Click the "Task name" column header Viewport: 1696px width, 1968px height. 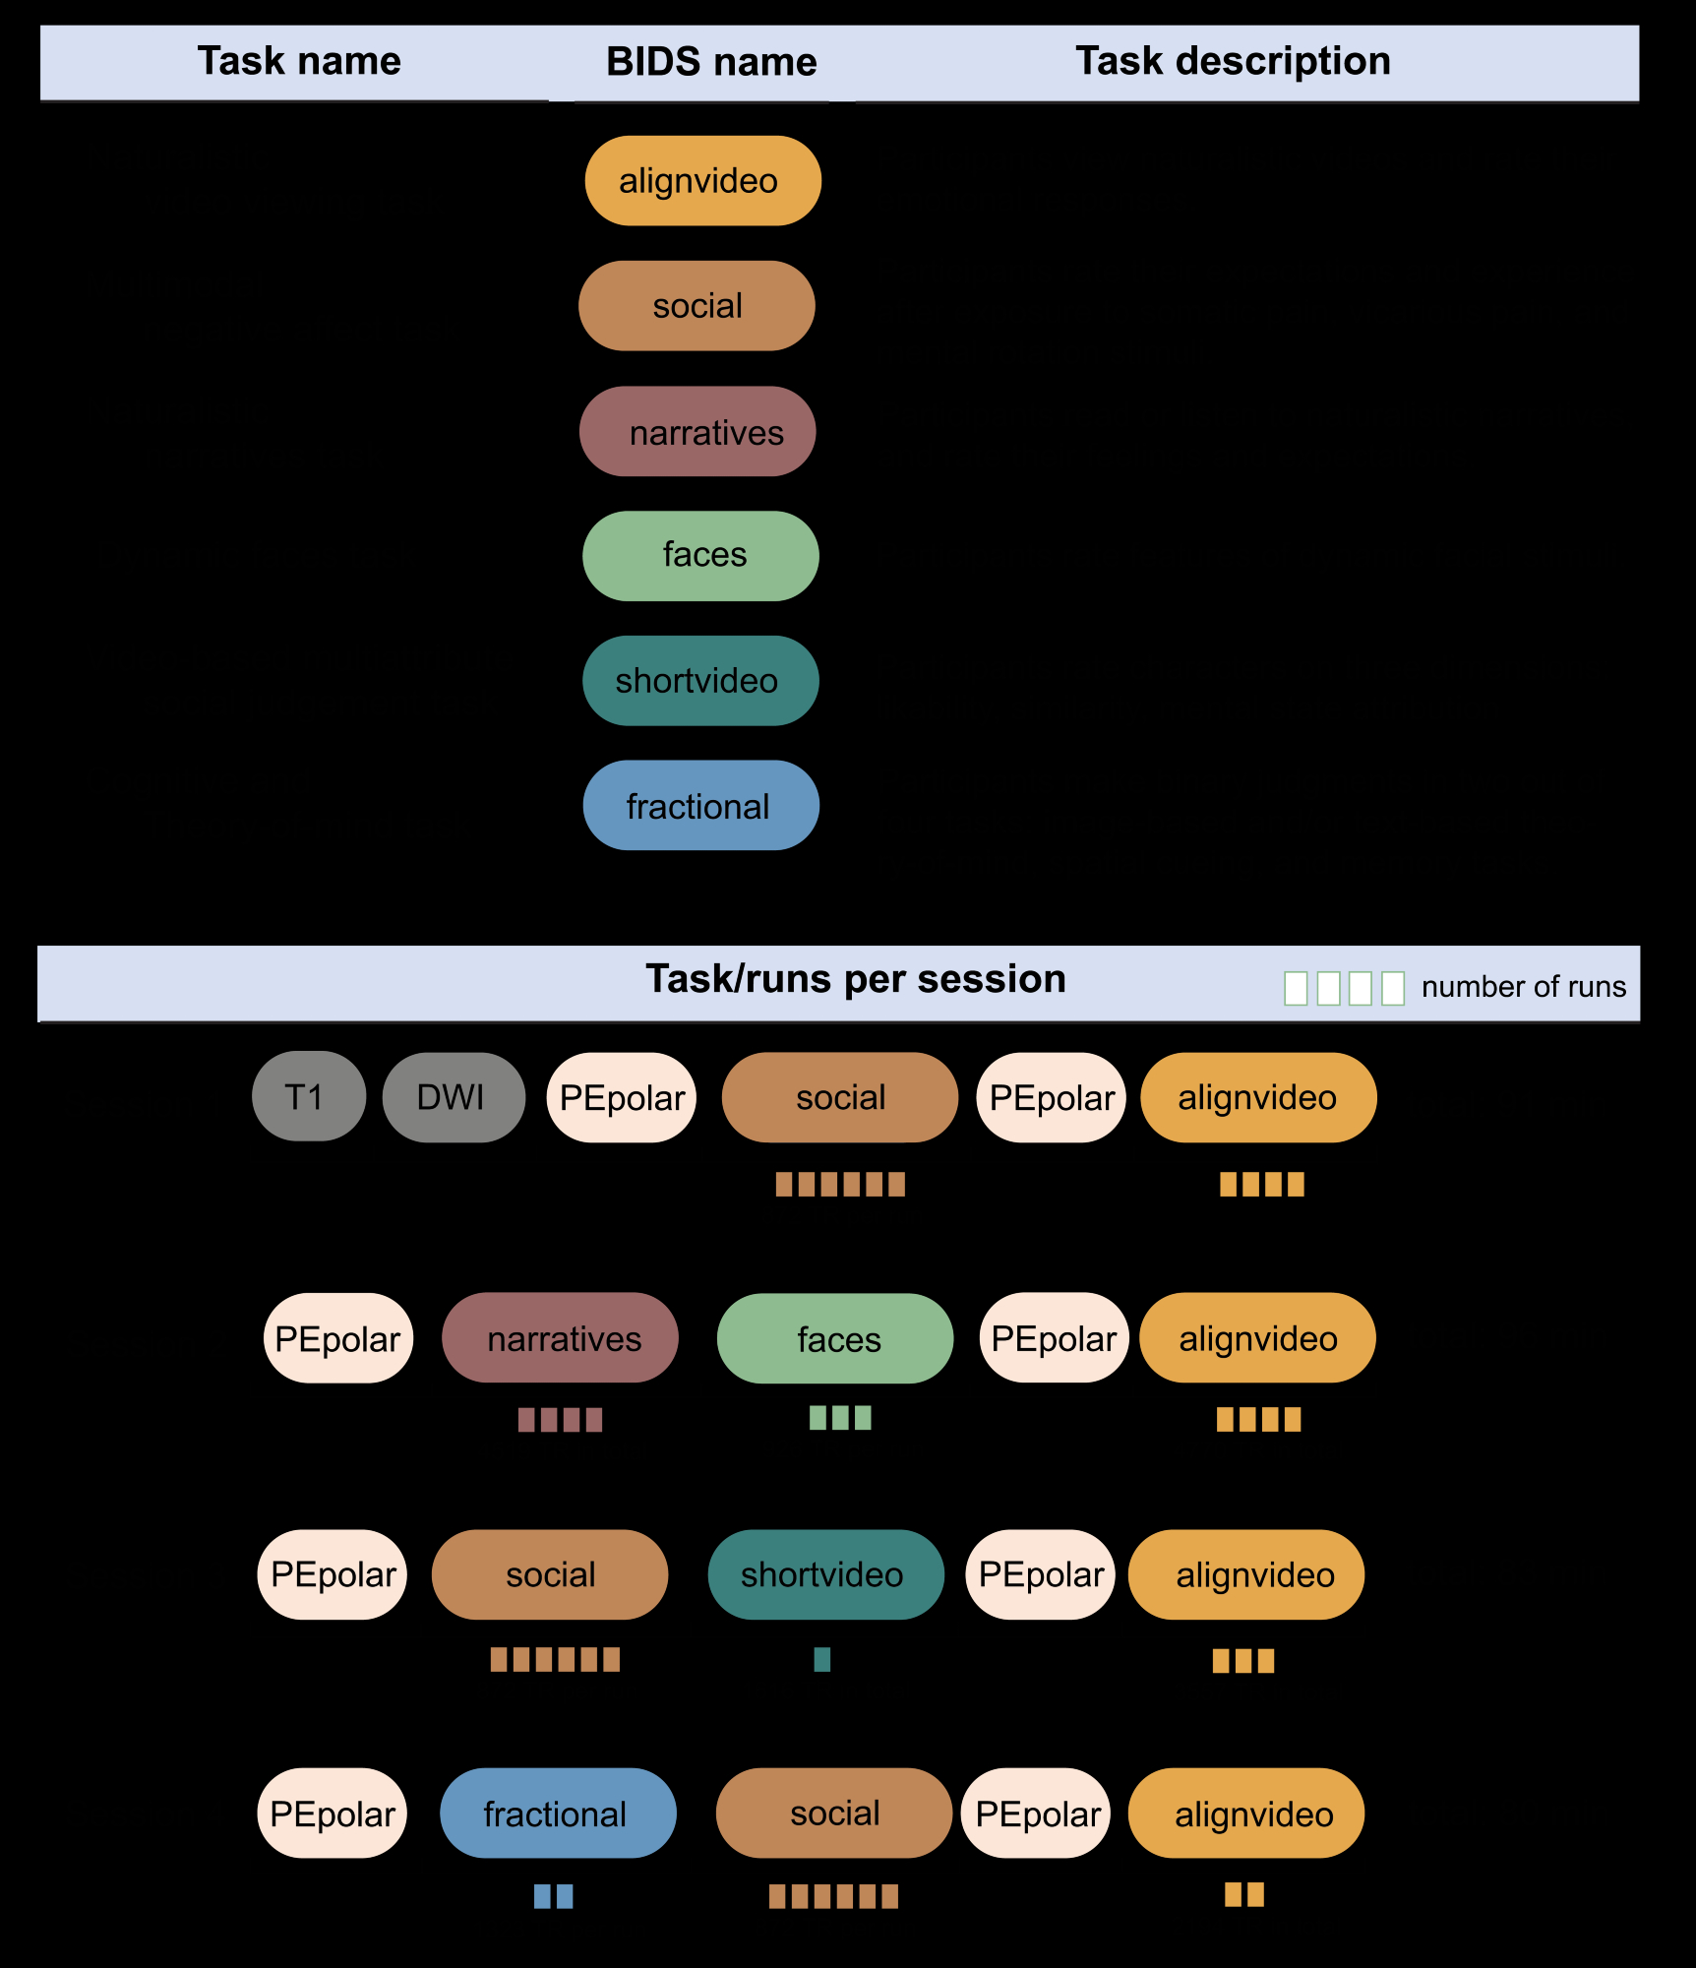[299, 61]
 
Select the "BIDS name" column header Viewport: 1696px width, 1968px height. [711, 62]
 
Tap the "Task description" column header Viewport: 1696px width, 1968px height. [1233, 61]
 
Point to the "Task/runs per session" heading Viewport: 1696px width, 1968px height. [855, 979]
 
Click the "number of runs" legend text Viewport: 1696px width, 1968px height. [1523, 987]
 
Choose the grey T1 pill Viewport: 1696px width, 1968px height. [308, 1097]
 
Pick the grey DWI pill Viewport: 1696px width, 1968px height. [453, 1097]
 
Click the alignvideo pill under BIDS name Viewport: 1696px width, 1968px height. [702, 181]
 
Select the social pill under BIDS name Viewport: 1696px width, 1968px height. [697, 306]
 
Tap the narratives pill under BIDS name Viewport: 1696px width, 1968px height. [697, 432]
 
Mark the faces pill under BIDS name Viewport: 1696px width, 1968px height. [700, 556]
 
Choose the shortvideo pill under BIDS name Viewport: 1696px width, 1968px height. [700, 681]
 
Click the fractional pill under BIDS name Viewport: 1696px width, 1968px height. [700, 806]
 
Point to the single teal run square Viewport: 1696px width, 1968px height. [822, 1660]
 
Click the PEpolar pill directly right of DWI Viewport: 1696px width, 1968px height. [622, 1098]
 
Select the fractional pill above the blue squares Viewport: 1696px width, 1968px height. [558, 1814]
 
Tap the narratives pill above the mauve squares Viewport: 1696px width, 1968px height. [560, 1338]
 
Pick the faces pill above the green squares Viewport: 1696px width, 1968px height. [835, 1339]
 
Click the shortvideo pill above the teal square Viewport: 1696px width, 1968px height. [825, 1574]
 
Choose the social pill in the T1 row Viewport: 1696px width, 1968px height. [840, 1098]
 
